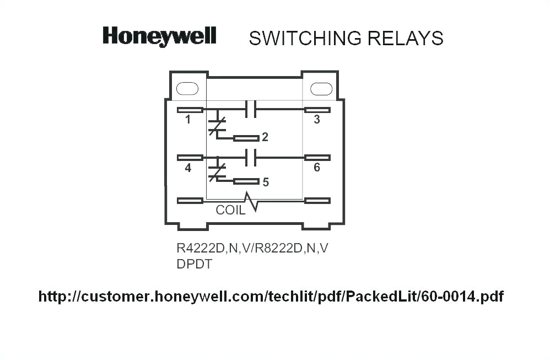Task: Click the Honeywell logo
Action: click(x=159, y=36)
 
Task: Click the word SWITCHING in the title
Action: click(x=305, y=38)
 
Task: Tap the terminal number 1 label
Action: click(x=188, y=120)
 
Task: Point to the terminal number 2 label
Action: click(x=265, y=137)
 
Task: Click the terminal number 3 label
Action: click(x=317, y=120)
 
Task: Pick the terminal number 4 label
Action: click(x=188, y=168)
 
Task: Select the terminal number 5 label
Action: click(x=266, y=182)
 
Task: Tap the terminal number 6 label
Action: click(x=317, y=168)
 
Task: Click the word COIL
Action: click(x=230, y=210)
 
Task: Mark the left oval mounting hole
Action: click(x=187, y=88)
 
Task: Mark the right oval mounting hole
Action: click(x=321, y=89)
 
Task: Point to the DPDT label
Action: click(x=195, y=264)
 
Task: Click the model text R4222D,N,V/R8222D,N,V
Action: click(x=252, y=248)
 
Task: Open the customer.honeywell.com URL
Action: click(x=271, y=297)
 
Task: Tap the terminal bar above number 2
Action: click(x=246, y=138)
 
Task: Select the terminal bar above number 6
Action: click(x=317, y=158)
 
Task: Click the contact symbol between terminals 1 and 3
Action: click(x=251, y=110)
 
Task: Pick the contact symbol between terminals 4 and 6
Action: click(x=251, y=158)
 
